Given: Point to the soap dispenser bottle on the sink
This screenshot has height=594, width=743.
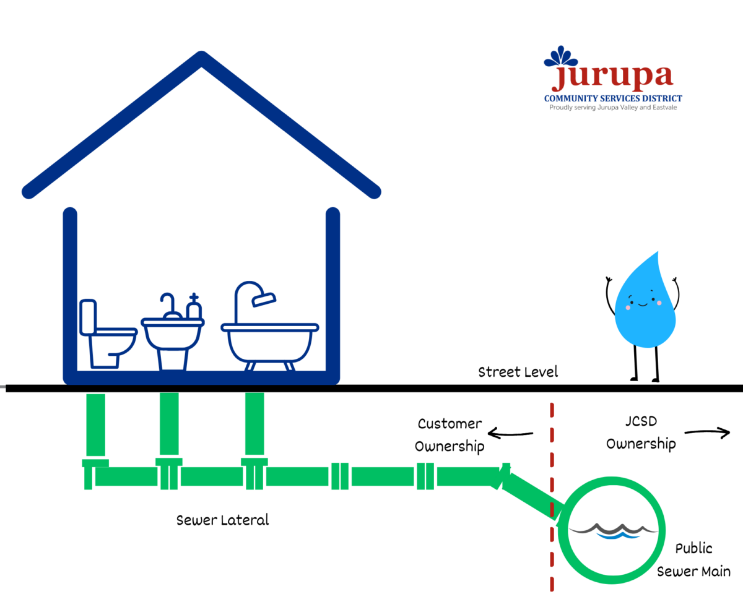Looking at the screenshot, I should [194, 308].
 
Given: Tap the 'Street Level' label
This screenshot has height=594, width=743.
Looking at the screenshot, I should [518, 372].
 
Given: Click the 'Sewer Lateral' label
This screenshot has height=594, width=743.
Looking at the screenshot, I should [223, 520].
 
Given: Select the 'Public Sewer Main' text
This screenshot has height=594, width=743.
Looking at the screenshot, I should [693, 559].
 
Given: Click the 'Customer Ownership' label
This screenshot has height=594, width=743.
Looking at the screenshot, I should [449, 435].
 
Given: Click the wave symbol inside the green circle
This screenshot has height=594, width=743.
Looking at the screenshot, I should [612, 531].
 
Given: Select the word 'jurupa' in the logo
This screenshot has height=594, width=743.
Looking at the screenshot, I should [612, 76].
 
